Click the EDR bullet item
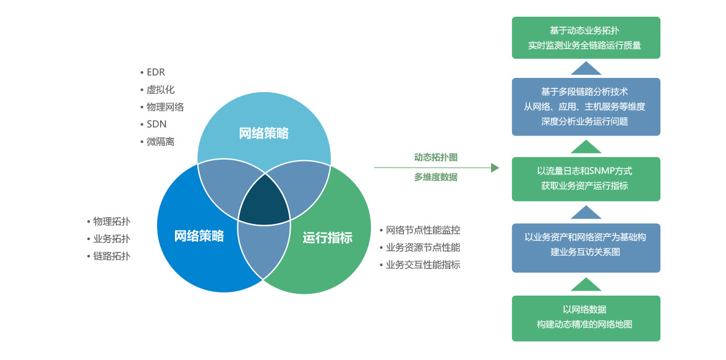[155, 72]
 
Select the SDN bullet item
[156, 124]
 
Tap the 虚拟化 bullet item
[160, 90]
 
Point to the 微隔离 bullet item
[160, 142]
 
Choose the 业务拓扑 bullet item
[111, 239]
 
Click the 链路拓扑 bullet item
[111, 256]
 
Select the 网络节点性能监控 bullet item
[422, 230]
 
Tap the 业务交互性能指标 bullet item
[422, 265]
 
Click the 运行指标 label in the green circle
[327, 238]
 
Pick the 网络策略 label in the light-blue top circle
[263, 133]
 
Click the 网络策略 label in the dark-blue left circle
[199, 236]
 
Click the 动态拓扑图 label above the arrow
[435, 157]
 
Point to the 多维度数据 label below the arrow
[435, 177]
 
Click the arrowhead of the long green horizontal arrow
[495, 168]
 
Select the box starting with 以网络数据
[586, 318]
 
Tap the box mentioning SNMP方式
[586, 178]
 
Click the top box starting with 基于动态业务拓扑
[586, 37]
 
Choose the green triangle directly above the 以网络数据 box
[586, 285]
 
